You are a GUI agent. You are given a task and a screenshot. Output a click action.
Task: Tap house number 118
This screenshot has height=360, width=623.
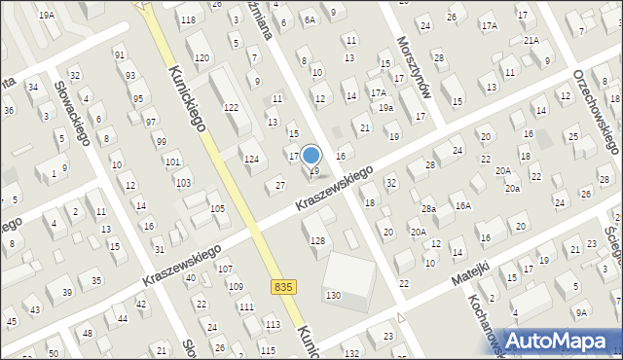188,20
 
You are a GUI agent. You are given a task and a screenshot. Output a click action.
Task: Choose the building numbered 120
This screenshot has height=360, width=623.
202,58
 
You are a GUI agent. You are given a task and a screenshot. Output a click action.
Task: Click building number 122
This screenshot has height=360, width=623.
231,107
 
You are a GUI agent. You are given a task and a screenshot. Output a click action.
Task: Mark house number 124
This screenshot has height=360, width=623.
251,159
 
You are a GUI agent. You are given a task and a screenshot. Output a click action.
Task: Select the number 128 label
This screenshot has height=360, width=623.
316,240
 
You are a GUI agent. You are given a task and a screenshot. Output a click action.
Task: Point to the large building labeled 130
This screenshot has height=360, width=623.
334,295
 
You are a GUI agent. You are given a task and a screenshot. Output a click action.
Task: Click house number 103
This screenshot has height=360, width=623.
182,183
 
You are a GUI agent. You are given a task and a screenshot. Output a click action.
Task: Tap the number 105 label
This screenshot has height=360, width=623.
217,209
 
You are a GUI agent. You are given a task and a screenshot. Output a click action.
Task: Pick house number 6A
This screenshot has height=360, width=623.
310,19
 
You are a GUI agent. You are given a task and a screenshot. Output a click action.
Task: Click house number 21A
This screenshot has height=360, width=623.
531,41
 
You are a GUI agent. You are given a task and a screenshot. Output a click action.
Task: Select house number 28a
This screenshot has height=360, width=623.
428,209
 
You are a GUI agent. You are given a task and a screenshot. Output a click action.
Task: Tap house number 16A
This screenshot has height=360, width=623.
462,206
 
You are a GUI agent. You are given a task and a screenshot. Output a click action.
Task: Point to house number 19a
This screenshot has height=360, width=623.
386,108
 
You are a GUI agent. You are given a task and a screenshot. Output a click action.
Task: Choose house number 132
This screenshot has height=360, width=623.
350,352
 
